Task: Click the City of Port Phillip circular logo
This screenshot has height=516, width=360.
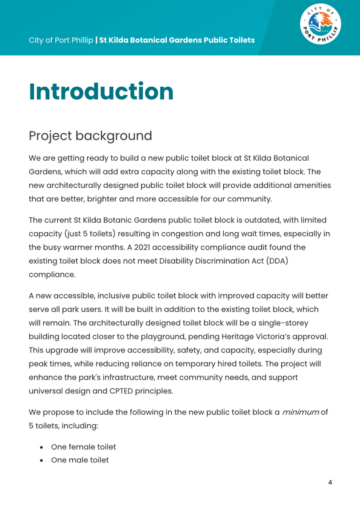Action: click(x=320, y=24)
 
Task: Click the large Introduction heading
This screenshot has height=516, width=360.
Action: click(x=101, y=92)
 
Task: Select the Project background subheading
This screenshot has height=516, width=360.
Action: click(x=90, y=136)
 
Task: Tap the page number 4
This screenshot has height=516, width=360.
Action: click(x=330, y=482)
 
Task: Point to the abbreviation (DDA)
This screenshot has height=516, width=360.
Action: click(x=277, y=261)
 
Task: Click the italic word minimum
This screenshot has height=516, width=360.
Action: click(x=301, y=412)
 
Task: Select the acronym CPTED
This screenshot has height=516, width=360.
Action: click(x=121, y=391)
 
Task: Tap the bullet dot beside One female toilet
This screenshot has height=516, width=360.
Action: click(x=41, y=447)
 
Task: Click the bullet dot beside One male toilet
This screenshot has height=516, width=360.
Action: click(x=41, y=461)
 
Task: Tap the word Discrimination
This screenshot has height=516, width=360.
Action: click(x=222, y=261)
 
